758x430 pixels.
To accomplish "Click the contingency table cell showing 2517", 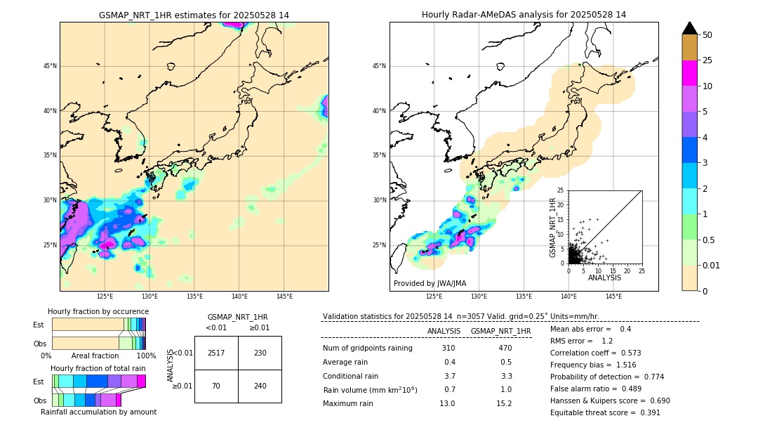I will pyautogui.click(x=216, y=353).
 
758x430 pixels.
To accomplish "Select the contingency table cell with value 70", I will pyautogui.click(x=216, y=386).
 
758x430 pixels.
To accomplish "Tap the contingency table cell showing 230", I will pyautogui.click(x=260, y=353).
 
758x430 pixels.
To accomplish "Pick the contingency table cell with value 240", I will pyautogui.click(x=260, y=386).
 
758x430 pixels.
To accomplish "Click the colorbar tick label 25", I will pyautogui.click(x=707, y=60).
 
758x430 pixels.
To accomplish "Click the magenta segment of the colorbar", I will pyautogui.click(x=689, y=73).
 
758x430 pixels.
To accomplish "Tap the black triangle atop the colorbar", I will pyautogui.click(x=689, y=28).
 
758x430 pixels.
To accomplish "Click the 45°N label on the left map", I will pyautogui.click(x=49, y=66).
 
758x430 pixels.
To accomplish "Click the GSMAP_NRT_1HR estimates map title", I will pyautogui.click(x=194, y=15).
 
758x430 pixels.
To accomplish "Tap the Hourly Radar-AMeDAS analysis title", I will pyautogui.click(x=524, y=15).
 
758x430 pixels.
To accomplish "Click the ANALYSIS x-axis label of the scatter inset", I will pyautogui.click(x=604, y=278).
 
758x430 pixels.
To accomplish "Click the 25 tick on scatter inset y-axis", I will pyautogui.click(x=561, y=190).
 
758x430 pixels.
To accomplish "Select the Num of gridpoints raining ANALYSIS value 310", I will pyautogui.click(x=448, y=348).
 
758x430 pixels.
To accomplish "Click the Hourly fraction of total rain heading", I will pyautogui.click(x=98, y=368).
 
